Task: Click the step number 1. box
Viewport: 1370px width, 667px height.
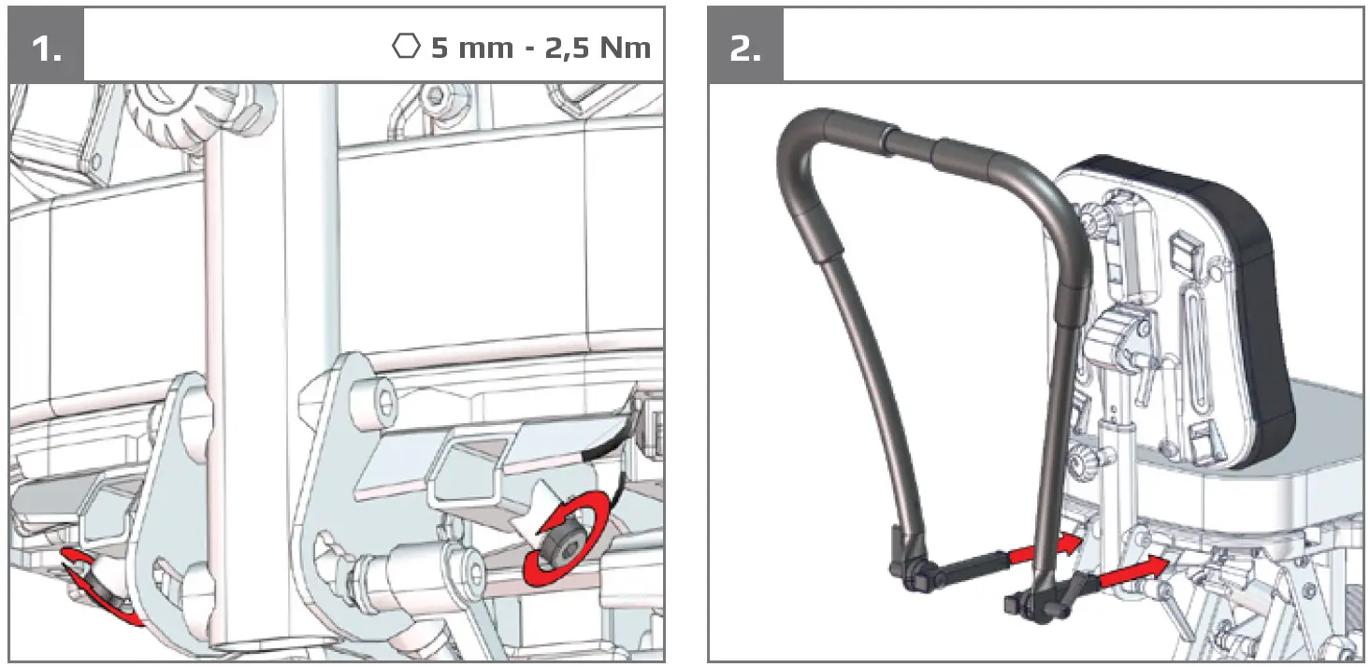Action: click(46, 46)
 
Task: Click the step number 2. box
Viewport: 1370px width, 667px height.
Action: click(744, 46)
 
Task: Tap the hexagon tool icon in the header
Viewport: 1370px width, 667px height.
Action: click(406, 47)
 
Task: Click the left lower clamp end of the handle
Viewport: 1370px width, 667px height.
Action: click(913, 572)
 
